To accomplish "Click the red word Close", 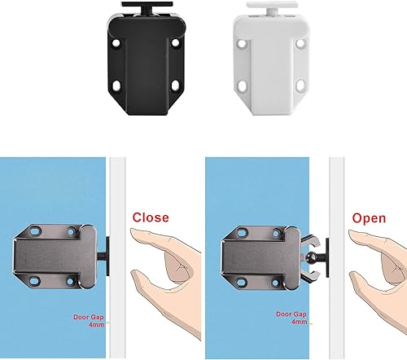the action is tap(151, 217).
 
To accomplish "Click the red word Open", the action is tap(369, 218).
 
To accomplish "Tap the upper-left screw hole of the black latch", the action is tap(116, 43).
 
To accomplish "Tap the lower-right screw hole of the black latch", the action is tap(176, 86).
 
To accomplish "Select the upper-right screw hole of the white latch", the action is tap(300, 43).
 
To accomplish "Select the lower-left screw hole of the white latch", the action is tap(241, 85).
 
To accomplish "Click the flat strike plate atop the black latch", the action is tap(147, 4).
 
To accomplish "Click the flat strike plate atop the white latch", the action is tap(270, 5).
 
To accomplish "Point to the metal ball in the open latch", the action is tap(310, 257).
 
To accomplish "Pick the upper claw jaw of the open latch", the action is tap(310, 241).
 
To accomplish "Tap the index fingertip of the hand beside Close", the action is tap(133, 231).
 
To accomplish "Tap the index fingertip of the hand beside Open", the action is tap(351, 233).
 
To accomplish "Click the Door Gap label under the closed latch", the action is tap(89, 317).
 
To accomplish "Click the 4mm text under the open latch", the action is tap(300, 322).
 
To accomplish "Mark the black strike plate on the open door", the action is tap(327, 257).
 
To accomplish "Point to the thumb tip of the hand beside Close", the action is tap(133, 273).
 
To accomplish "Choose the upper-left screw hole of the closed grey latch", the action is tap(35, 231).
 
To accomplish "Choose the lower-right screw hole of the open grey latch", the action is tap(275, 283).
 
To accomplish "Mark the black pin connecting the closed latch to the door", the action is tap(103, 257).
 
